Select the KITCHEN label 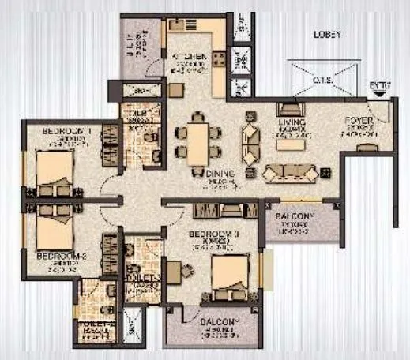pyautogui.click(x=189, y=58)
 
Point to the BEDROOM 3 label pyautogui.click(x=213, y=234)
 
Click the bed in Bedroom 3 pyautogui.click(x=232, y=276)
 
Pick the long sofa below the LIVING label pyautogui.click(x=290, y=172)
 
